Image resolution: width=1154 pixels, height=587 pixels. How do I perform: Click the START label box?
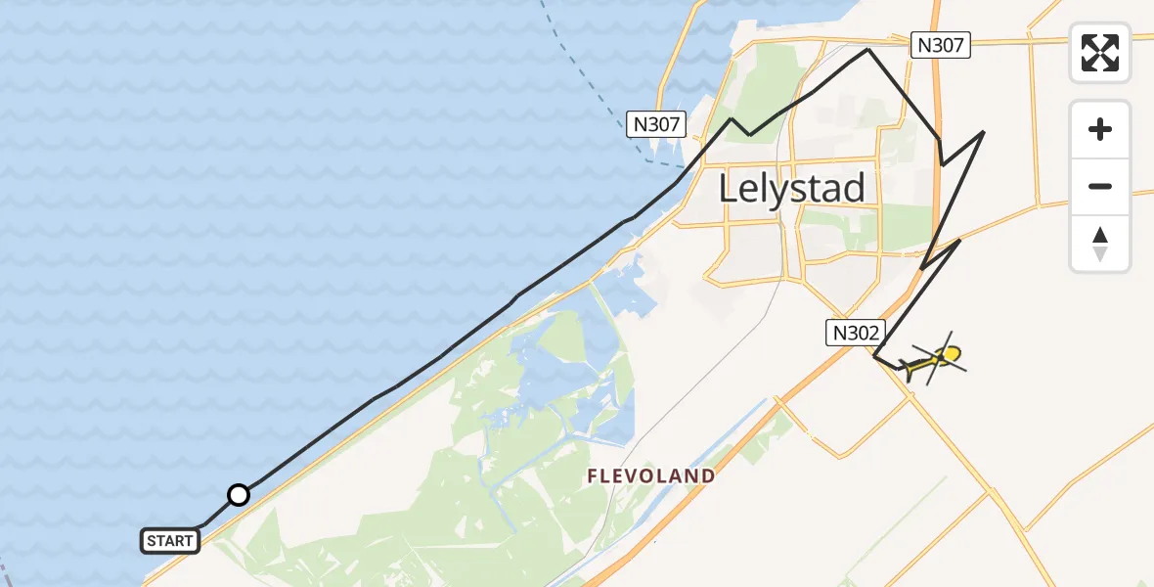click(x=170, y=540)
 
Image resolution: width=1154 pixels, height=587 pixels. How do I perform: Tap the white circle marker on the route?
click(x=238, y=495)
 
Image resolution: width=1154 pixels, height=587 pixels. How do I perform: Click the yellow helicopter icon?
click(x=930, y=363)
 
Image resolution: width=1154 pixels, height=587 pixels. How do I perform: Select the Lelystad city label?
click(x=792, y=188)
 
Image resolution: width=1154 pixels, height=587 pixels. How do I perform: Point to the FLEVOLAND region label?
click(x=650, y=476)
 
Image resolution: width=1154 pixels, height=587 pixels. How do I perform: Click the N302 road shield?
click(x=856, y=333)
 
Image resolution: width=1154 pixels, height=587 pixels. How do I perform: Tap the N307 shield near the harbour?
click(x=656, y=124)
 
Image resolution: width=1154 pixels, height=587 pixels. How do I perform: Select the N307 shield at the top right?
click(x=940, y=44)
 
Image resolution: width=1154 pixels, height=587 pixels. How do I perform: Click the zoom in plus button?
click(x=1100, y=129)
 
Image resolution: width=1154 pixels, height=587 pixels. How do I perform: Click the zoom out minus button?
click(x=1100, y=186)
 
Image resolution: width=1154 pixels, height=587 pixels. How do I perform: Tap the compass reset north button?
click(x=1100, y=244)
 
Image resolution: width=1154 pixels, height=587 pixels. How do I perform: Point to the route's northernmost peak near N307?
click(x=867, y=49)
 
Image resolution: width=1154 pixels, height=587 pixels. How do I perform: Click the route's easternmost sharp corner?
click(x=983, y=131)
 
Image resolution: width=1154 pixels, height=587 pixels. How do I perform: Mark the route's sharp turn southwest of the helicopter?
click(x=874, y=356)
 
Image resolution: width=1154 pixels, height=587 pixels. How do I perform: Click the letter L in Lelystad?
click(x=729, y=188)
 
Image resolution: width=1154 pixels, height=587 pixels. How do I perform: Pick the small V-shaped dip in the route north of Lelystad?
click(x=749, y=134)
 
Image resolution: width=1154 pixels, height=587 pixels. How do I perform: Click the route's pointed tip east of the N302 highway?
click(x=959, y=239)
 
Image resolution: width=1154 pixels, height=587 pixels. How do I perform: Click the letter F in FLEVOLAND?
click(x=593, y=476)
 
